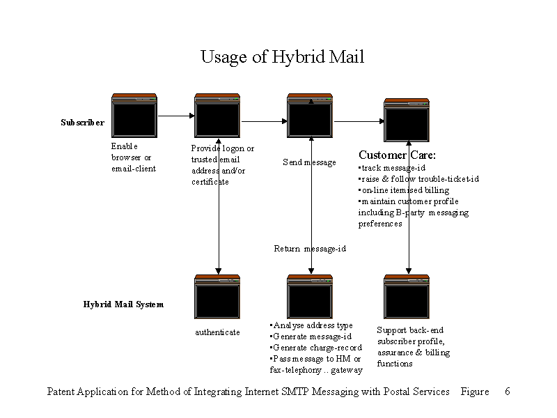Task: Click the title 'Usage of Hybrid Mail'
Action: (x=282, y=56)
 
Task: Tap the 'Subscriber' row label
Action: (x=82, y=123)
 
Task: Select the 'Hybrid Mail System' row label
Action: (x=123, y=304)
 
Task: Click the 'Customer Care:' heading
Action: (x=397, y=155)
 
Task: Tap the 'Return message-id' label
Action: (x=310, y=249)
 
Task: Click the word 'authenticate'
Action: (x=217, y=332)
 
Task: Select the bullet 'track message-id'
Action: (x=392, y=168)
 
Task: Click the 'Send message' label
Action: (x=309, y=162)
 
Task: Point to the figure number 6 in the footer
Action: (x=507, y=392)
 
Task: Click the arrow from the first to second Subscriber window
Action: (x=176, y=116)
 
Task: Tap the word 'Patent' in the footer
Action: (x=63, y=392)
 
